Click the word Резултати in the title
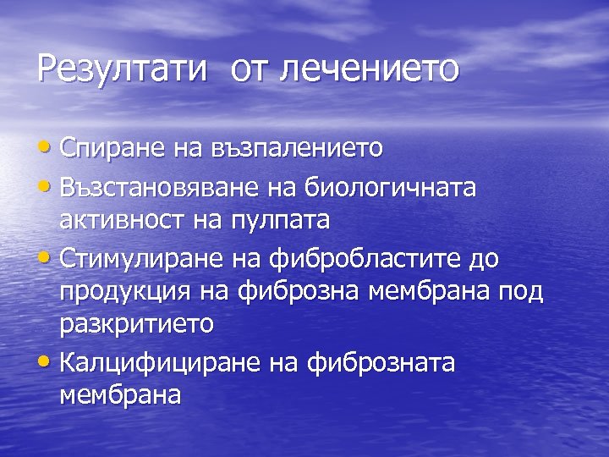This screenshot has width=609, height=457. point(122,69)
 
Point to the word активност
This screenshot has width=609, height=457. point(116,221)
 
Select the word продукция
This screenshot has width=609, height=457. point(121,292)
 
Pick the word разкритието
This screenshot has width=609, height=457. point(136,326)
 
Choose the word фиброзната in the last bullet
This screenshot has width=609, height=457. point(381,363)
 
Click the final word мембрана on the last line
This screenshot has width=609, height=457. point(120,395)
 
